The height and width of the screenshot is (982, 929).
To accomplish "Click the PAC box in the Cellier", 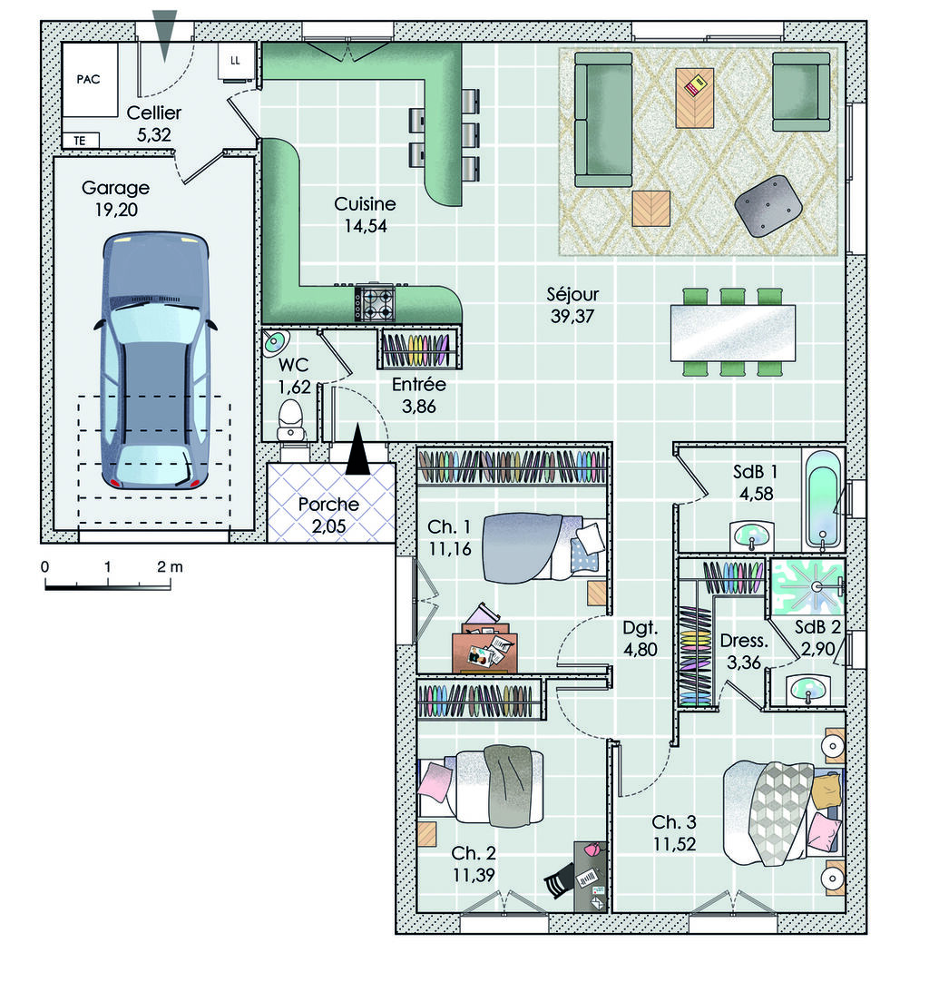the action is tap(90, 80).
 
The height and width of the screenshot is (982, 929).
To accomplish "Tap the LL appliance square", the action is tap(236, 61).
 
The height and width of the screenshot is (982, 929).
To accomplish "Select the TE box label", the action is tap(80, 141).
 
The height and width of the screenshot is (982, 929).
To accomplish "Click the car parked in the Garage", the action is tap(154, 360).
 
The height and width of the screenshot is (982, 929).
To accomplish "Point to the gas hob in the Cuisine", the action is tap(375, 302).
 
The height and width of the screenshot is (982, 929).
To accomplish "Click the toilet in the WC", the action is tap(290, 420).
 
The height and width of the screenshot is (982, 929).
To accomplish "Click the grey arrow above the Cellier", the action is tap(164, 35).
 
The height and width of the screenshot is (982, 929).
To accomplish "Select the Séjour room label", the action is tap(572, 294).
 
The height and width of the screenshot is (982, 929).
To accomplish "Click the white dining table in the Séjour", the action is tap(732, 333).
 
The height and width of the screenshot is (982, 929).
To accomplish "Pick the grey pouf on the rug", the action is tap(768, 206).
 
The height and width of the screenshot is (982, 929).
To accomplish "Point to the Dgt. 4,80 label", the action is tap(641, 638).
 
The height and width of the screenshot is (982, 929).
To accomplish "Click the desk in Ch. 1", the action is tap(484, 653).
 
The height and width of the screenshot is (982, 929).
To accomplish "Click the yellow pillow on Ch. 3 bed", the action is tap(826, 791).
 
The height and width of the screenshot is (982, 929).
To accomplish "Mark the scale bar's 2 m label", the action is tap(170, 566).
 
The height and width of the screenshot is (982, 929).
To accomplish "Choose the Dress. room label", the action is tap(744, 641).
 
